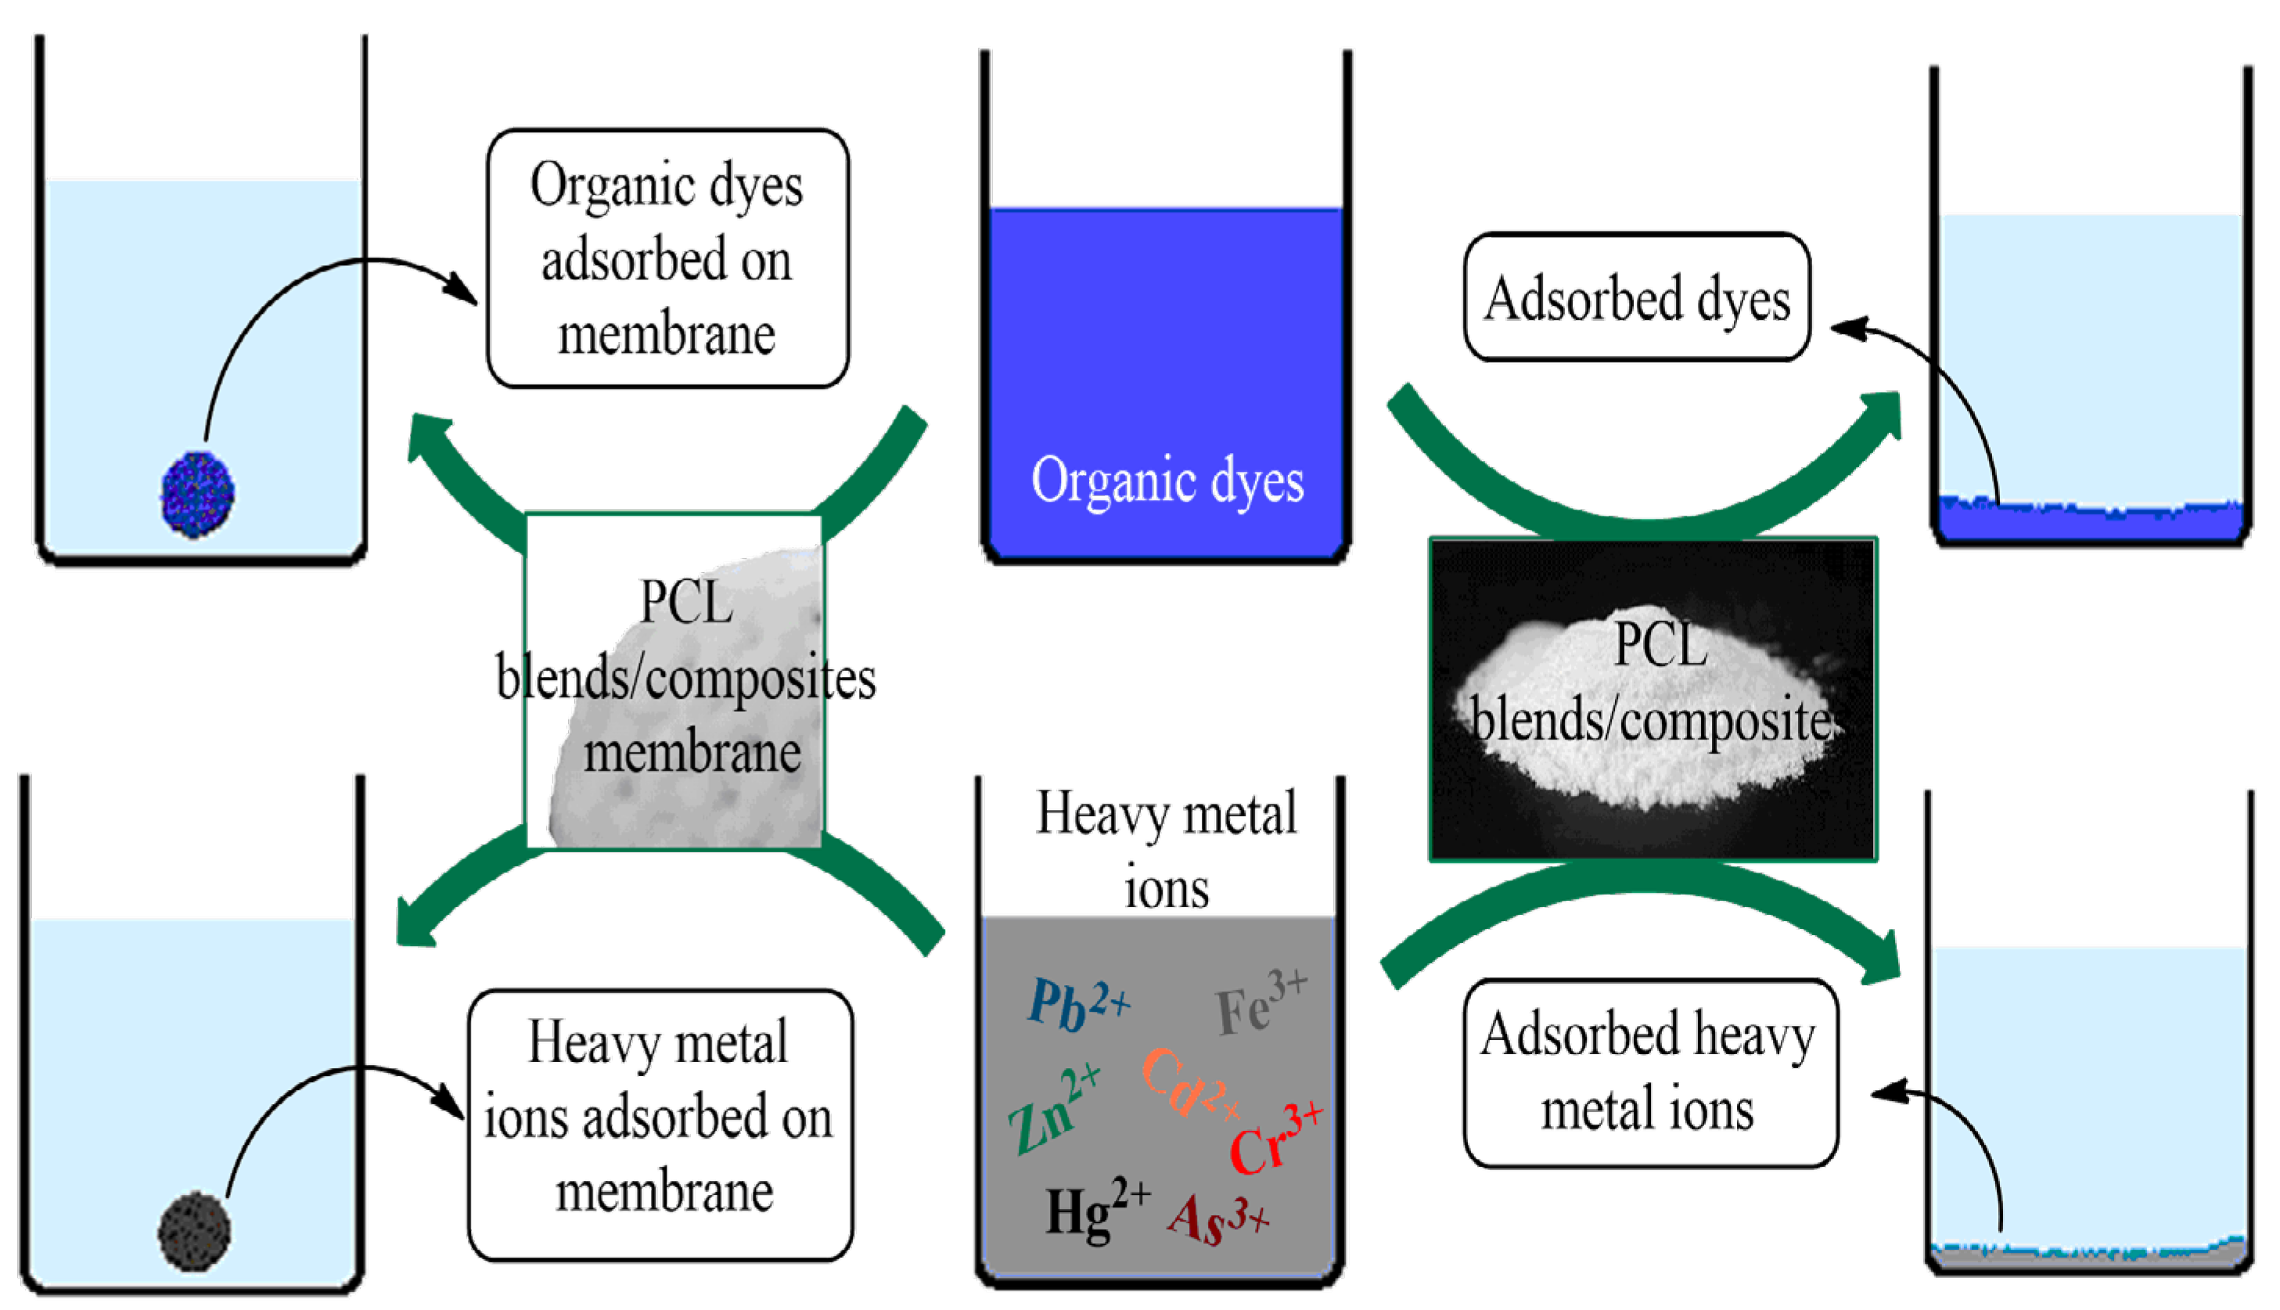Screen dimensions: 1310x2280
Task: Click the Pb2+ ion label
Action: (x=1077, y=1004)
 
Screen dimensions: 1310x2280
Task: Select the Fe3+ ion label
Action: (x=1259, y=1002)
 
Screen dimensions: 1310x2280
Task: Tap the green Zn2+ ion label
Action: (x=1052, y=1110)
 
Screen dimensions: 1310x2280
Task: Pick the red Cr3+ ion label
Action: (x=1274, y=1140)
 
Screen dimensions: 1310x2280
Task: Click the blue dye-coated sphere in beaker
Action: (x=198, y=494)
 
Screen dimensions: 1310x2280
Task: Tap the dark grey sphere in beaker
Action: (x=194, y=1232)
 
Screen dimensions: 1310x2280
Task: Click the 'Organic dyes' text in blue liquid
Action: (x=1167, y=480)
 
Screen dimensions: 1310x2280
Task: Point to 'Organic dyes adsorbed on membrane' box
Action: (x=667, y=259)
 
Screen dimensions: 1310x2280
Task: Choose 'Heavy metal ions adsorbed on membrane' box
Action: (x=660, y=1125)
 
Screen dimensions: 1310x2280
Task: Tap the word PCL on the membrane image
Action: (x=685, y=602)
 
